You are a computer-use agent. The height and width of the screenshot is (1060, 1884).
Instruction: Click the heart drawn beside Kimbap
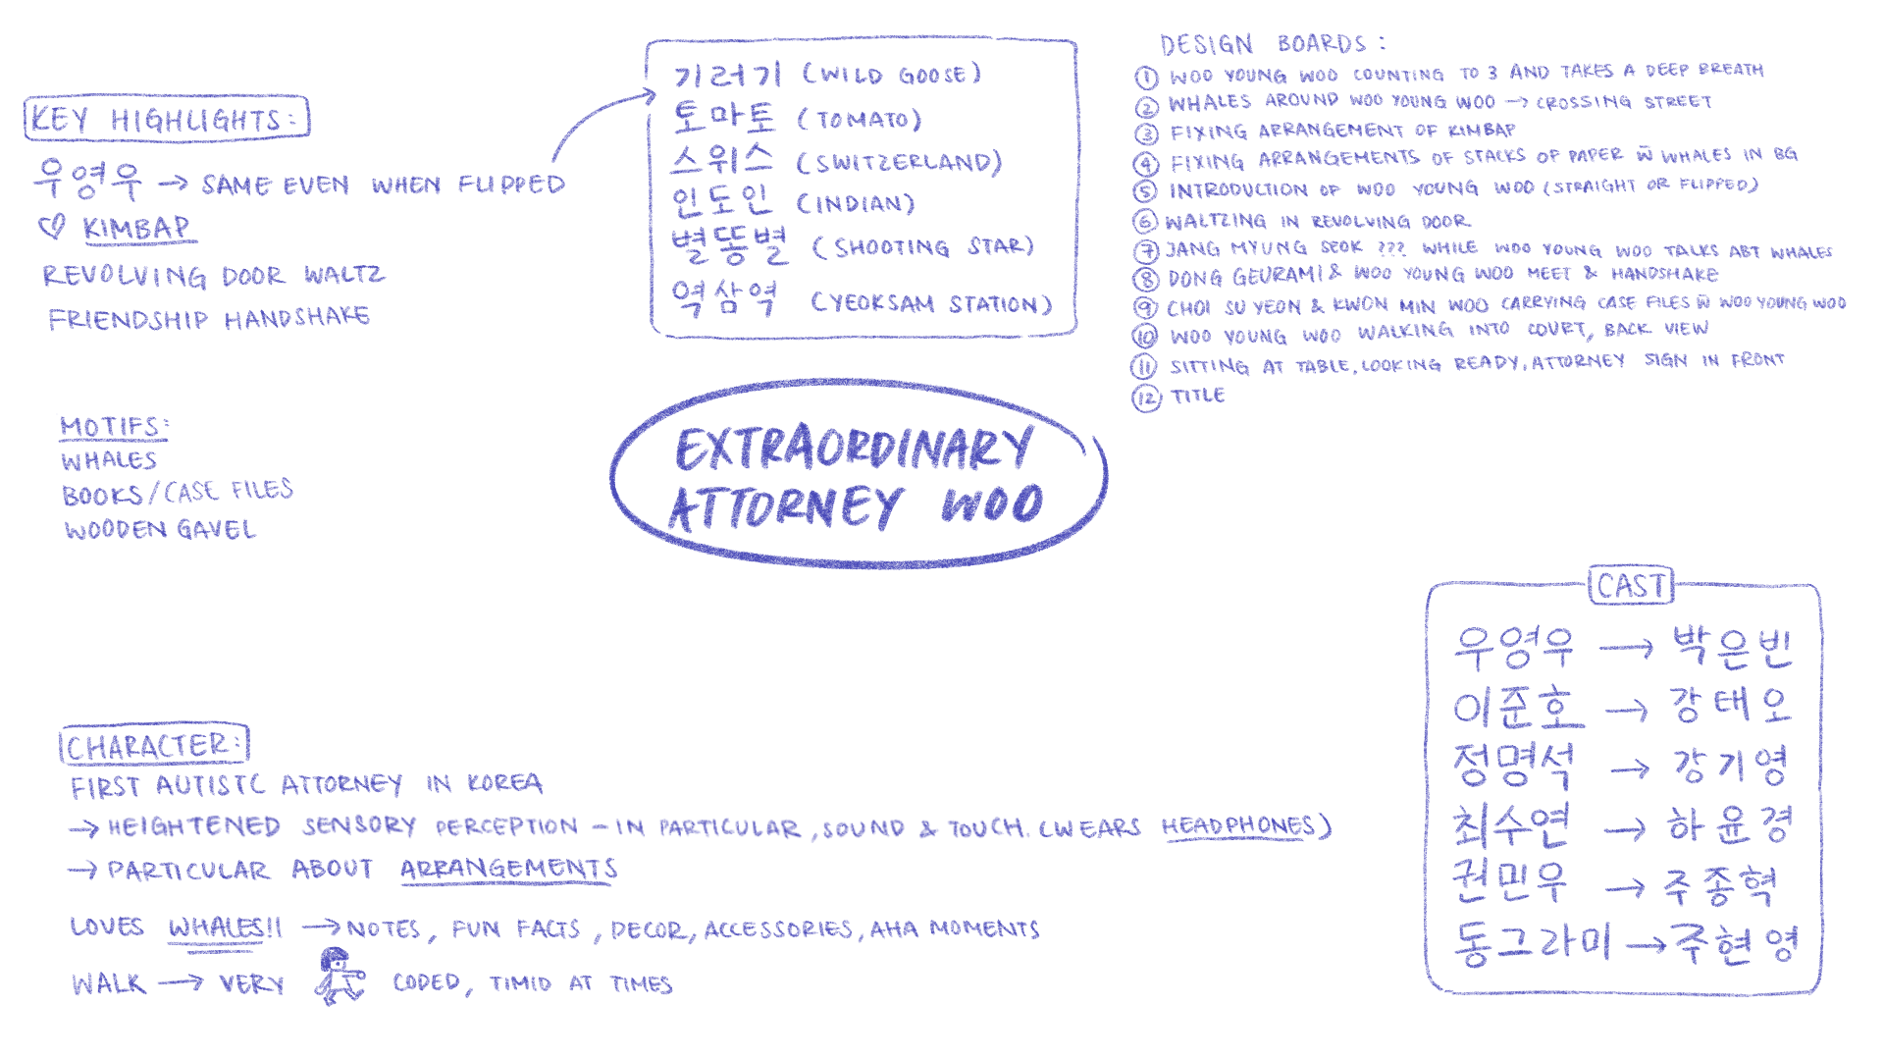click(51, 228)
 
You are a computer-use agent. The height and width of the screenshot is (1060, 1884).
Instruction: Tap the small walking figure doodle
click(339, 976)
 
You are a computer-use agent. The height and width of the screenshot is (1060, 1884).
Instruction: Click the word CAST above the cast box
click(1631, 586)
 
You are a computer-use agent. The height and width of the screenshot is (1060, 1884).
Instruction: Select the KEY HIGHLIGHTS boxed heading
click(166, 119)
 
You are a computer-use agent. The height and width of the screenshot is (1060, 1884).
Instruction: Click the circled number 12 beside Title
click(1145, 397)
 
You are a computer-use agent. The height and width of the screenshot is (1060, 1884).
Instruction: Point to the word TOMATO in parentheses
click(860, 120)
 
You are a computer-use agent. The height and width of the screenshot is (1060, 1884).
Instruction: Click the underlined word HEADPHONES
click(1237, 826)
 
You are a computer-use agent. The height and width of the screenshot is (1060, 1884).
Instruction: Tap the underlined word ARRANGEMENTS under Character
click(508, 869)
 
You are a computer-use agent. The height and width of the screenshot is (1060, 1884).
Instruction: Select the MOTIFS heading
click(113, 426)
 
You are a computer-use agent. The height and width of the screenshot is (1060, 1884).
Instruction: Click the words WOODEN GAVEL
click(160, 530)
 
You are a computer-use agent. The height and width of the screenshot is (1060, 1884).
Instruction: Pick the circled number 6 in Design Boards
click(1145, 222)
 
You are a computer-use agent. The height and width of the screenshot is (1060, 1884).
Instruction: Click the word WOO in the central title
click(992, 504)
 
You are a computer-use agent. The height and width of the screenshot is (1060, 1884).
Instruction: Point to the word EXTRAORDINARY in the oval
click(853, 450)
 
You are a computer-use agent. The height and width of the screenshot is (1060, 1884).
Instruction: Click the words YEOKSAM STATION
click(931, 303)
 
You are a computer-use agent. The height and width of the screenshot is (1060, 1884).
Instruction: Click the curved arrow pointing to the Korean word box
click(598, 119)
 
